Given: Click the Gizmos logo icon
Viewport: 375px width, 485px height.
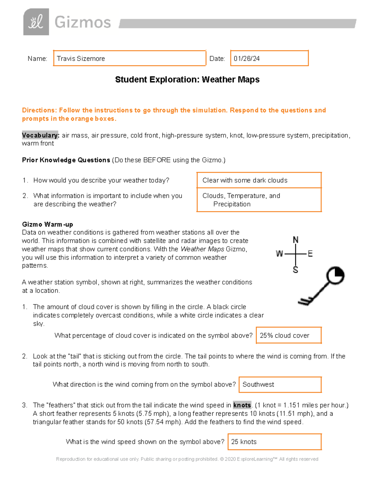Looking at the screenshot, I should (36, 22).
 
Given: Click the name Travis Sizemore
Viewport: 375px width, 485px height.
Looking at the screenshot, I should (81, 59).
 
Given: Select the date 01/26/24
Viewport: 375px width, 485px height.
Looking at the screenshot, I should (247, 59).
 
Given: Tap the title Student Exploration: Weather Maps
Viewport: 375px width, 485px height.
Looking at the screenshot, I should (187, 80).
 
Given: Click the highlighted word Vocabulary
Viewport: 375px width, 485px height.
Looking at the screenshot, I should (40, 135).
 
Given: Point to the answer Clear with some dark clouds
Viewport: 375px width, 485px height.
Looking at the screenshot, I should (245, 180).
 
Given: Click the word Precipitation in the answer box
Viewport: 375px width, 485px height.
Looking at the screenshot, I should (232, 204).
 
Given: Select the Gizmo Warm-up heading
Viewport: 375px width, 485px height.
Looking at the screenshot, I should (47, 224).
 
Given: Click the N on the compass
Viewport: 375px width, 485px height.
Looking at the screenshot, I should (295, 240).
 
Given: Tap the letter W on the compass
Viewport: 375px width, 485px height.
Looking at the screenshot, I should (279, 254).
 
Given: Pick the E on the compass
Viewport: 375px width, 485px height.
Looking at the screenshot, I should (310, 254).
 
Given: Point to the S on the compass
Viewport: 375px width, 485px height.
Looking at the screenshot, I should (295, 270).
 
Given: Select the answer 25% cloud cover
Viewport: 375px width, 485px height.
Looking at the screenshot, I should (284, 335).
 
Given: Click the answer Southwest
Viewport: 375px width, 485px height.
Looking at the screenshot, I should (258, 384).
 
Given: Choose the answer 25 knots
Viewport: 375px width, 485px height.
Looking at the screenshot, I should (244, 442).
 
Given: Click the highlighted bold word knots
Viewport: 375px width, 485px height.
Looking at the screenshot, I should (242, 405).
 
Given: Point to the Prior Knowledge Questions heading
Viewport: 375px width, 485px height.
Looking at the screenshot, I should (66, 160).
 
